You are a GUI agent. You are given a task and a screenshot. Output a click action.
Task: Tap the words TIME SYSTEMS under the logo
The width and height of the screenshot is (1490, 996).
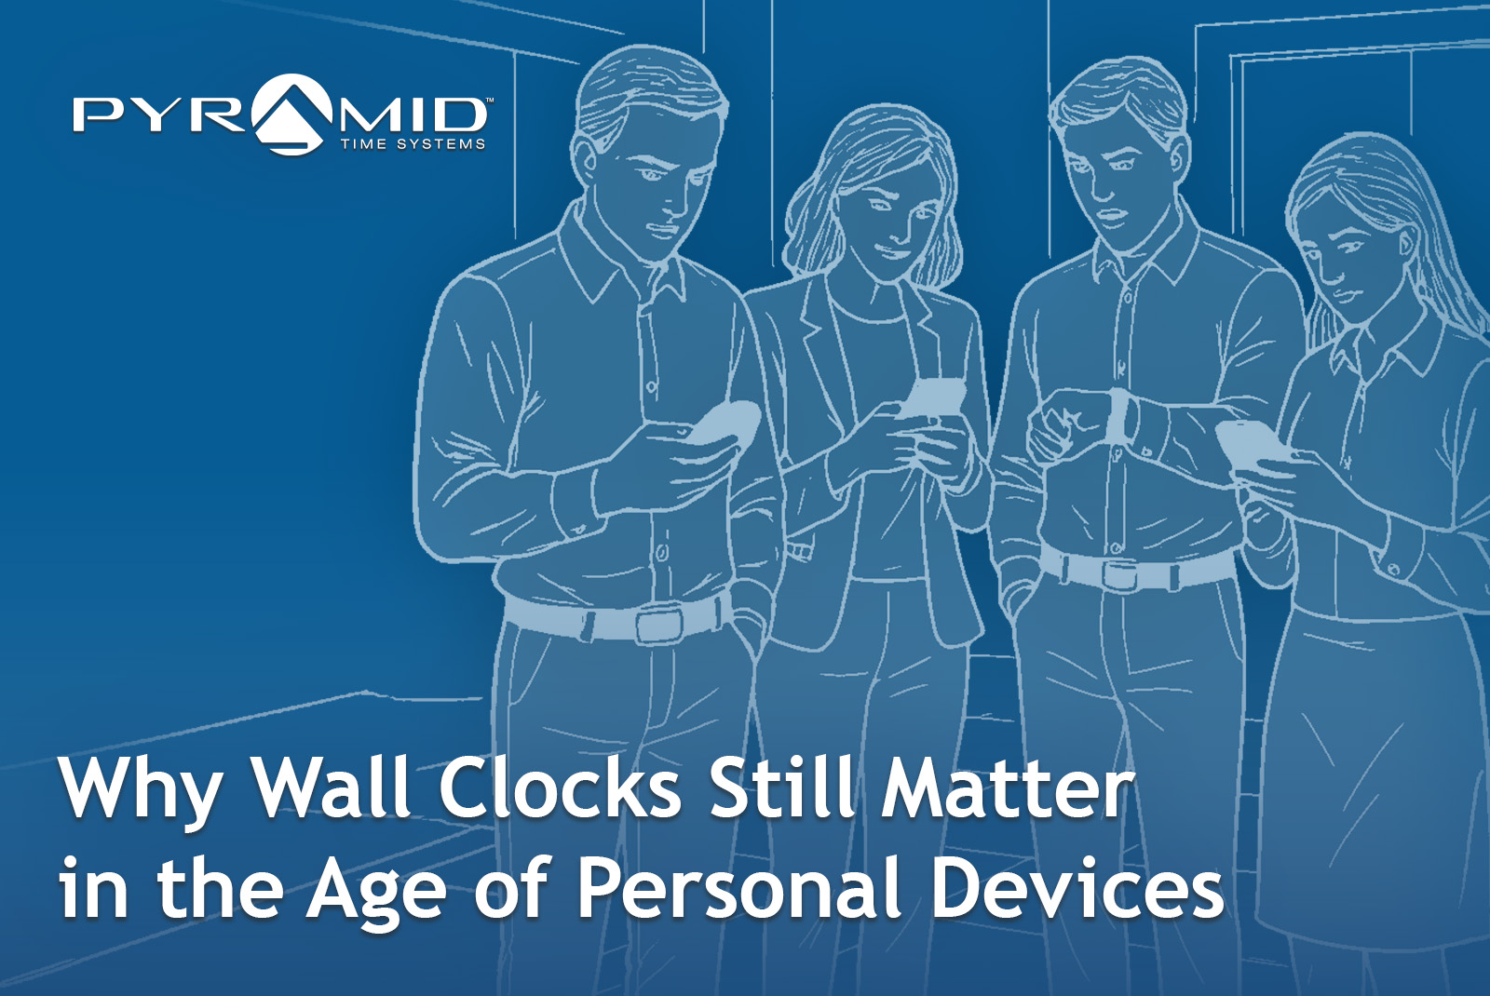tap(413, 144)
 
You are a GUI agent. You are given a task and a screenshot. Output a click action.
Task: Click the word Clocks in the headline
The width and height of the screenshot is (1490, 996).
tap(561, 789)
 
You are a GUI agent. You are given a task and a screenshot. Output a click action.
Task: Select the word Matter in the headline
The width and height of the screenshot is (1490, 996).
tap(1007, 789)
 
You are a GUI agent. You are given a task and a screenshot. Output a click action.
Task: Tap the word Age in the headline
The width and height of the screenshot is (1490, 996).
tap(377, 889)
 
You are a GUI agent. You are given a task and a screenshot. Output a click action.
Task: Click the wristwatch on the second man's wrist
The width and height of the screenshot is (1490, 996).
tap(1121, 416)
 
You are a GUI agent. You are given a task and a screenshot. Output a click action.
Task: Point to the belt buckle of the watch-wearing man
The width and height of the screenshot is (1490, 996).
tap(1117, 572)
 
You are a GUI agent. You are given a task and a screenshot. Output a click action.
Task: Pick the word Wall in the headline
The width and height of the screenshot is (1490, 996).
tap(332, 789)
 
